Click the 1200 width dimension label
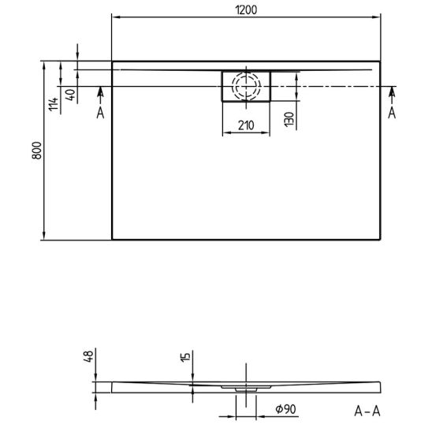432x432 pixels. (246, 10)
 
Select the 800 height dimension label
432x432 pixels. (36, 151)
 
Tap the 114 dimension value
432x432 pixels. (54, 104)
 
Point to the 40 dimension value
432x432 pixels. (70, 95)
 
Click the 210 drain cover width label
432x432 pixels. (246, 125)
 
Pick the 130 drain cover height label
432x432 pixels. (289, 119)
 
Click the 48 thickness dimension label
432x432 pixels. (89, 356)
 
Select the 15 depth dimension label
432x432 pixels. (185, 357)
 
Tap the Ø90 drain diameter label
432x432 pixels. (285, 409)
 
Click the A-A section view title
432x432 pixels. (367, 412)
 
